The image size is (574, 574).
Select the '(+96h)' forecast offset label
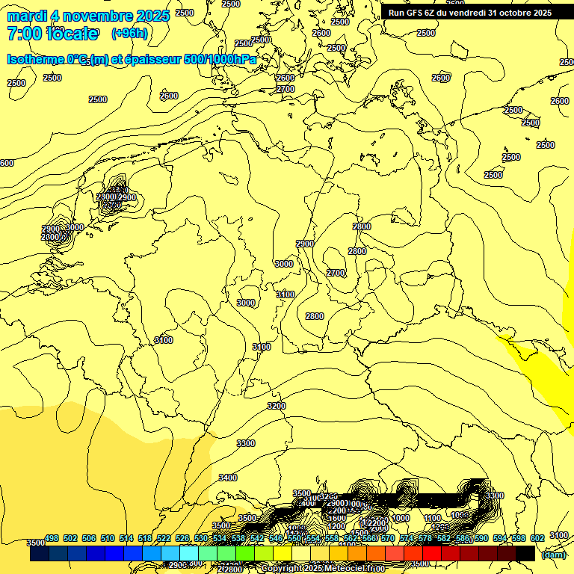tap(129, 34)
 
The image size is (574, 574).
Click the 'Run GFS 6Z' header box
tap(469, 13)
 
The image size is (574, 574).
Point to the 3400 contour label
tap(228, 478)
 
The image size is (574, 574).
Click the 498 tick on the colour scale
tap(52, 538)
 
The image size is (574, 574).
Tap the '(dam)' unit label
tap(553, 555)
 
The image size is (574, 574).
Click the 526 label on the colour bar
tap(182, 538)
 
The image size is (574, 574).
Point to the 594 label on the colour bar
tap(501, 538)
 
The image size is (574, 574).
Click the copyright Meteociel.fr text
tap(324, 569)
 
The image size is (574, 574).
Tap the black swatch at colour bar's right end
tap(525, 554)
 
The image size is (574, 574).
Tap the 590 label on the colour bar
tap(481, 538)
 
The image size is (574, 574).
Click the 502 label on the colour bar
tap(70, 538)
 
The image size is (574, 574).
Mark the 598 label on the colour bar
tap(519, 538)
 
